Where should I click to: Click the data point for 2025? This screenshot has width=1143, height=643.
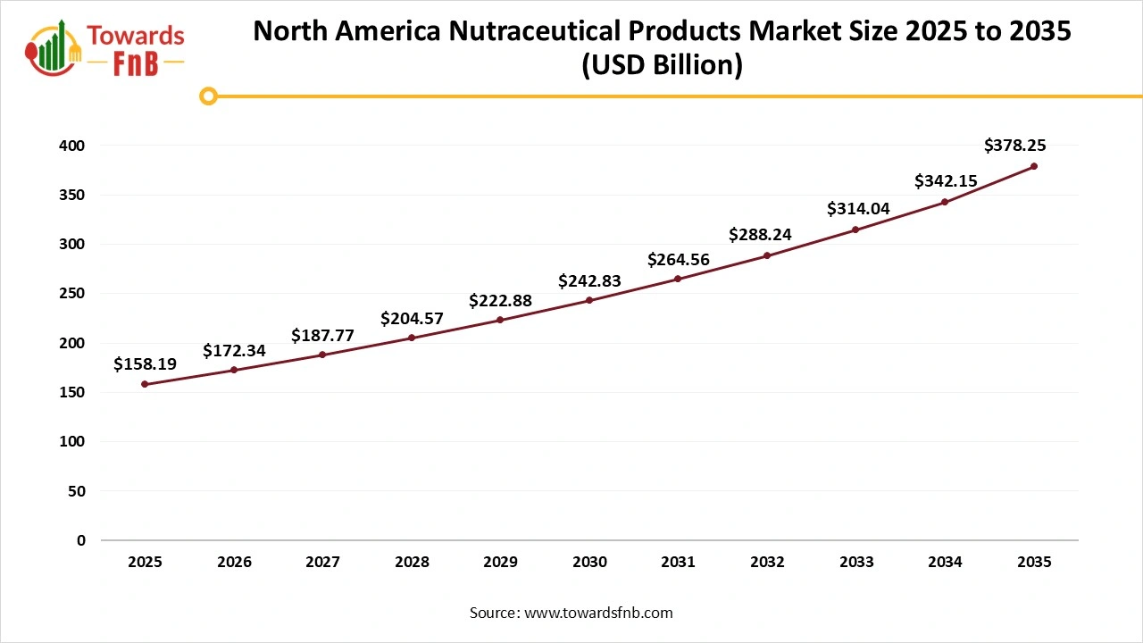tap(145, 384)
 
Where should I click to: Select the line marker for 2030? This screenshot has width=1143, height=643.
tap(589, 300)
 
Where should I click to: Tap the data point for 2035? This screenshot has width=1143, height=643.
tap(1034, 166)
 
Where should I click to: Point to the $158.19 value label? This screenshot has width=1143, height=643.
tap(145, 363)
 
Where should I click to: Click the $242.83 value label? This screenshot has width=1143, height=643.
tap(589, 280)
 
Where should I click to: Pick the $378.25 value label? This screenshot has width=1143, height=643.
tap(1014, 145)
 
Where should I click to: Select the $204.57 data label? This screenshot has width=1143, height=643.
tap(412, 318)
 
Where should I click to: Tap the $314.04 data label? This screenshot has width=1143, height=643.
tap(857, 208)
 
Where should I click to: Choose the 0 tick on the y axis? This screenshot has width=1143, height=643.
tap(80, 540)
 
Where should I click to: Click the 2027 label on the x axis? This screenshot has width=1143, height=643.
tap(322, 562)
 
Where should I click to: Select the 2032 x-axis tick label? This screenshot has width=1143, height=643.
tap(767, 562)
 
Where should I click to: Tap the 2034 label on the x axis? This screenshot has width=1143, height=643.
tap(945, 562)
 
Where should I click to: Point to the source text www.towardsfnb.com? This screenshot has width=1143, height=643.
tap(598, 613)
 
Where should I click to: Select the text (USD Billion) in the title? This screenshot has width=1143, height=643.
tap(662, 66)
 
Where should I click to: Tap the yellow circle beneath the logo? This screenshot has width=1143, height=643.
tap(208, 96)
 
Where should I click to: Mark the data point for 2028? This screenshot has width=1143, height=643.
tap(412, 338)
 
